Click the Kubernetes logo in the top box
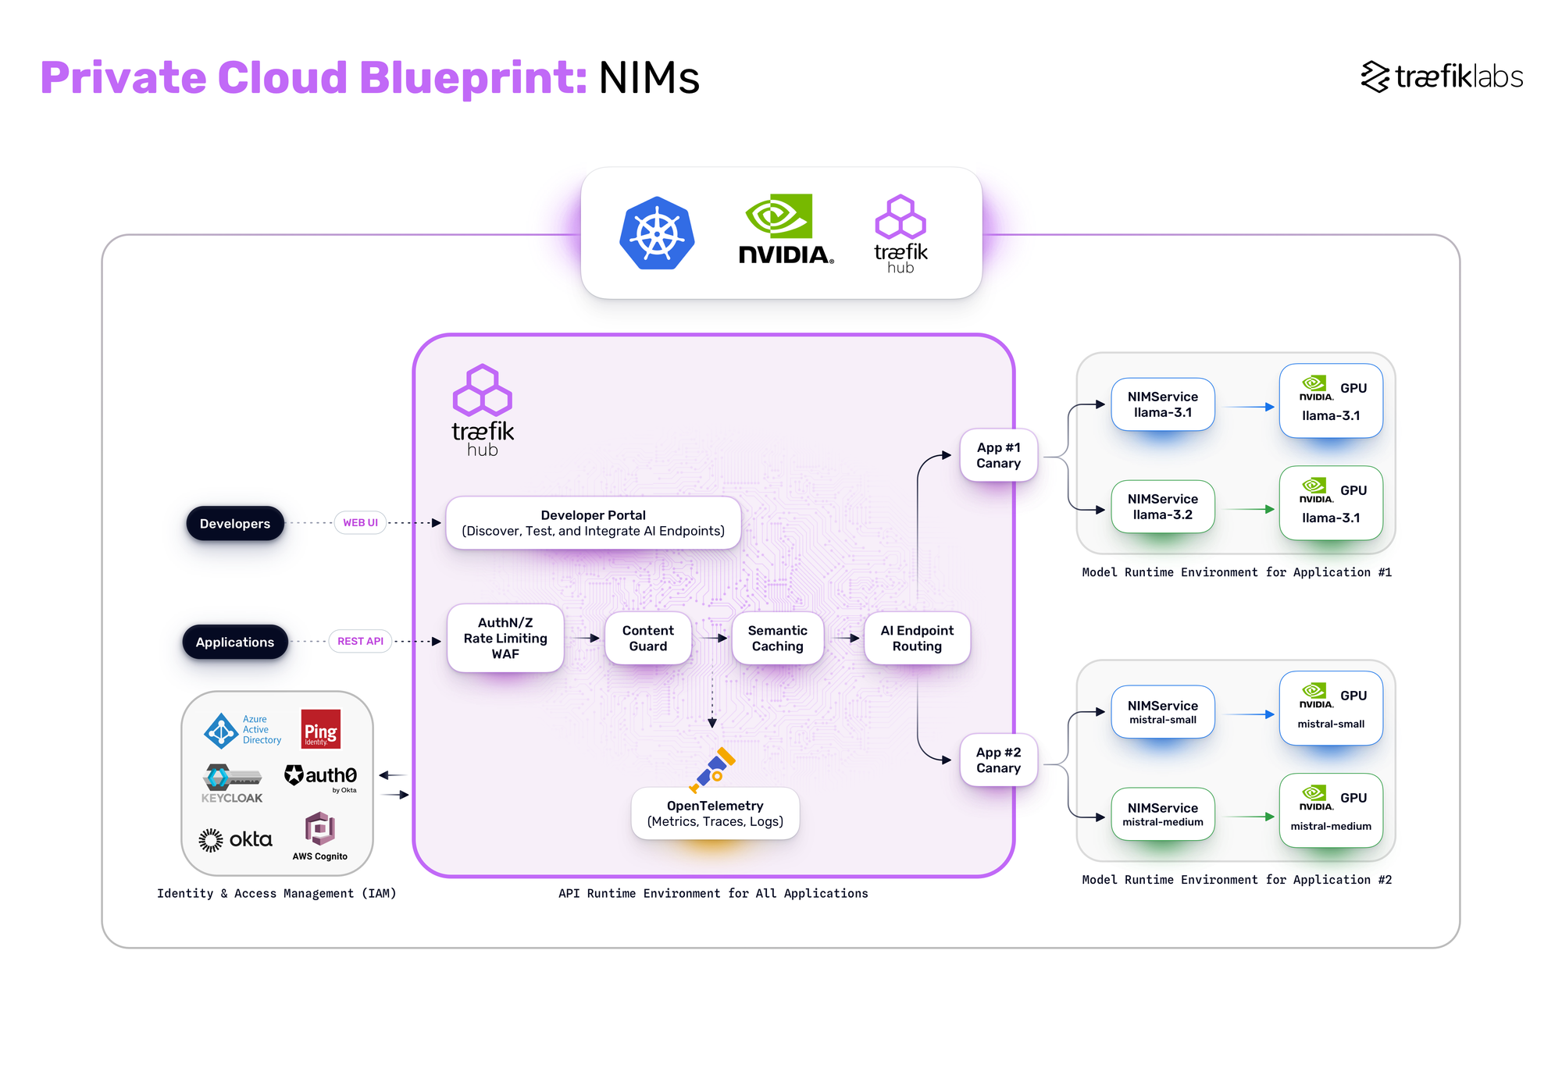(x=657, y=233)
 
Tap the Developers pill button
(x=234, y=523)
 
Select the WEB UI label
(x=360, y=522)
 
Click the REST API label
(x=360, y=641)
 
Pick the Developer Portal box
(x=593, y=523)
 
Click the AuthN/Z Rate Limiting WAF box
(x=505, y=638)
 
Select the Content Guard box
(x=647, y=638)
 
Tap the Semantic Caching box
(x=777, y=638)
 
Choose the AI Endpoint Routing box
(x=917, y=638)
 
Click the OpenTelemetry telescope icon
(x=712, y=770)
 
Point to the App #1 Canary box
(x=998, y=455)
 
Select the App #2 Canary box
(x=998, y=760)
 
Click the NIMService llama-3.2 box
(x=1162, y=507)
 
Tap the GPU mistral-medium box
(x=1330, y=810)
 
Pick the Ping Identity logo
(x=320, y=729)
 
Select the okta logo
(x=235, y=839)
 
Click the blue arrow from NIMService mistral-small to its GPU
(x=1247, y=714)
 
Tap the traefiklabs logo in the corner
(x=1441, y=77)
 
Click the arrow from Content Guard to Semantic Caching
(x=712, y=638)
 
